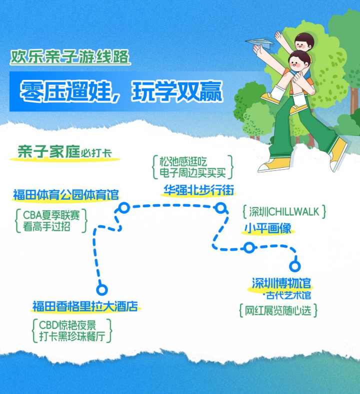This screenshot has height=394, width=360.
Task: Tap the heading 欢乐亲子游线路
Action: [x=69, y=56]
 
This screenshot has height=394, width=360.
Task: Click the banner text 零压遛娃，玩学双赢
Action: [x=121, y=91]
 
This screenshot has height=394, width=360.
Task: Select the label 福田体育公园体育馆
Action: [x=66, y=195]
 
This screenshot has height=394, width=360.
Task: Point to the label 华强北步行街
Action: [x=198, y=190]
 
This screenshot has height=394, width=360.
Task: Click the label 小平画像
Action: [x=267, y=228]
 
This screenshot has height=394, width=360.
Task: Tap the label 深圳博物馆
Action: [x=281, y=283]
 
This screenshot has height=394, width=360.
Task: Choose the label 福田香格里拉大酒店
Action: [x=85, y=306]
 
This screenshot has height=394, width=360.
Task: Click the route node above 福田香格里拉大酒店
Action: [x=102, y=290]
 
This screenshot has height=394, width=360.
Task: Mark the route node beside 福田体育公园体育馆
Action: [x=124, y=208]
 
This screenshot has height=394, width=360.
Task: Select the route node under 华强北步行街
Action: [x=220, y=208]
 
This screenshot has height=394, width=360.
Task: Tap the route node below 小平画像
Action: [x=249, y=248]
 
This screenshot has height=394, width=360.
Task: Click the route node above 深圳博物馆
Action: [x=295, y=266]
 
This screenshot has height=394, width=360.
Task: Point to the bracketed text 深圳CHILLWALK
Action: [x=284, y=212]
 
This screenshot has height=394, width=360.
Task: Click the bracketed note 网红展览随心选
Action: [x=278, y=311]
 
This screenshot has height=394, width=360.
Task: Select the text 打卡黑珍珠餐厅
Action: [x=72, y=337]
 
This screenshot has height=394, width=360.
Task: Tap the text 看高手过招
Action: [x=46, y=226]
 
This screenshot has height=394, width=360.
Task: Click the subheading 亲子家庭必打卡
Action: [x=64, y=152]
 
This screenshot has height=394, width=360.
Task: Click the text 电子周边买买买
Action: [x=192, y=173]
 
